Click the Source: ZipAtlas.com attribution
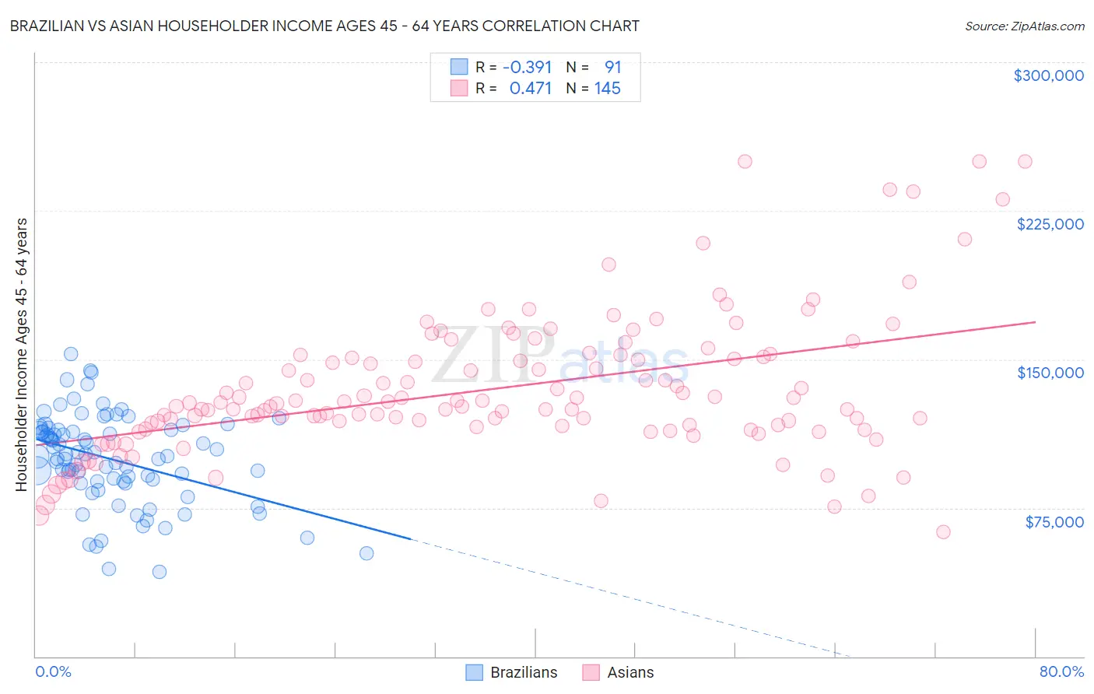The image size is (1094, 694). point(1024,26)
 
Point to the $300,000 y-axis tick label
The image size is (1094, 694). point(1048,75)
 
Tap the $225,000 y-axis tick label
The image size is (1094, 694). point(1050,224)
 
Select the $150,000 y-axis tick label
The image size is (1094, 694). point(1050,373)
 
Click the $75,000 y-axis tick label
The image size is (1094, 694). point(1054,522)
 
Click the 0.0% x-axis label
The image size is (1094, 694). point(53,671)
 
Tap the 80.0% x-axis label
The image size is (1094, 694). point(1061,671)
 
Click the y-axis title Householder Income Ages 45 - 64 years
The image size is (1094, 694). point(22,355)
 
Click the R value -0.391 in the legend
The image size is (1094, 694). point(527,68)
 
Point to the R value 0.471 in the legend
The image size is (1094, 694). point(530,89)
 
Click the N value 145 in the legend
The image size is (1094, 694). point(607,89)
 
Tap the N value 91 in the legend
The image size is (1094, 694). point(612,68)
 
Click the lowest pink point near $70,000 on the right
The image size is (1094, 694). point(943,532)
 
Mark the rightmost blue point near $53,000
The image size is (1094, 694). point(366,553)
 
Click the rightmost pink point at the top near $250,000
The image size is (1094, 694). point(1025,162)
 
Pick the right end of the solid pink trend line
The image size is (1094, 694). point(1035,321)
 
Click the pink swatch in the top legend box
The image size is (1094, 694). point(459,89)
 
